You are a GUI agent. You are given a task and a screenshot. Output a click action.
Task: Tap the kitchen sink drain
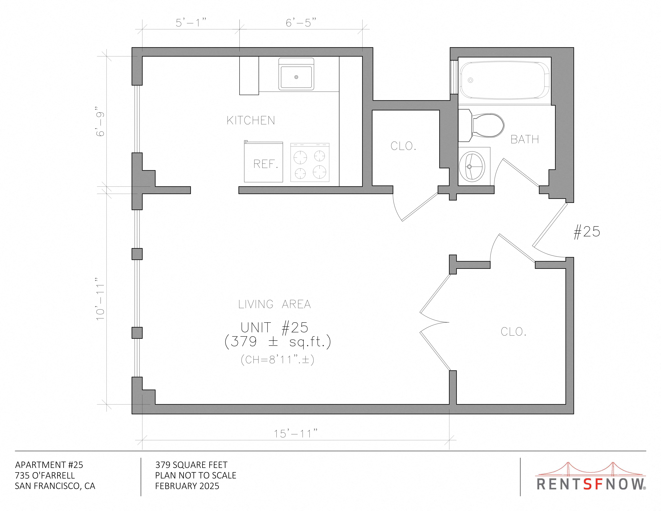pos(296,77)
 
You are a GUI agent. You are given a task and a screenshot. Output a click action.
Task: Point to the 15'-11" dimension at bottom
pos(296,434)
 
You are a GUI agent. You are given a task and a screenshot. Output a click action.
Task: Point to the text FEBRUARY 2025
pos(187,486)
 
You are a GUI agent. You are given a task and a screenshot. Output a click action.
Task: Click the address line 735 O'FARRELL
pos(45,475)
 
